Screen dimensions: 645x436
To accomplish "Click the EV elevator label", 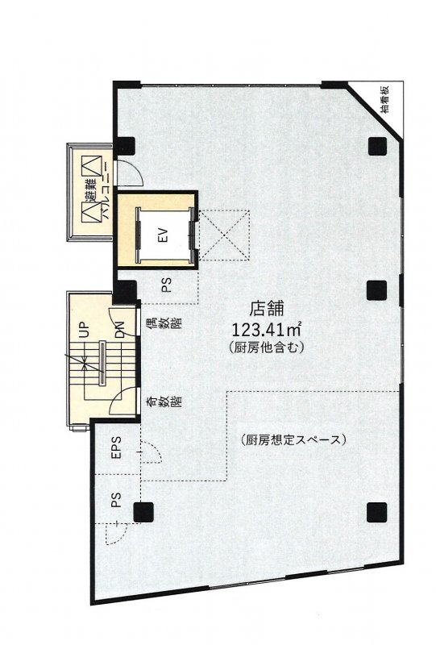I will pos(162,236).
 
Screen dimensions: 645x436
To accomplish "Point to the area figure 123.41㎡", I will pos(267,329).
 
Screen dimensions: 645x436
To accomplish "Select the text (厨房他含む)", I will pos(267,347).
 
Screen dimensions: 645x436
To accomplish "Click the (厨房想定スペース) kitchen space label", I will pos(293,440).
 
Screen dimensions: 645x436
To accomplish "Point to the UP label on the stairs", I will pos(83,331).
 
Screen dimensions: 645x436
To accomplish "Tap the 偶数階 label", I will pos(152,330).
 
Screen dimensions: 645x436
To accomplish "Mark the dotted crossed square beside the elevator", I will pos(225,236).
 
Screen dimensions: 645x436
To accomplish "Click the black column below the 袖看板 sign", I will pos(375,146).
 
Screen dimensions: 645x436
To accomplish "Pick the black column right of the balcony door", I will pos(127,146).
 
